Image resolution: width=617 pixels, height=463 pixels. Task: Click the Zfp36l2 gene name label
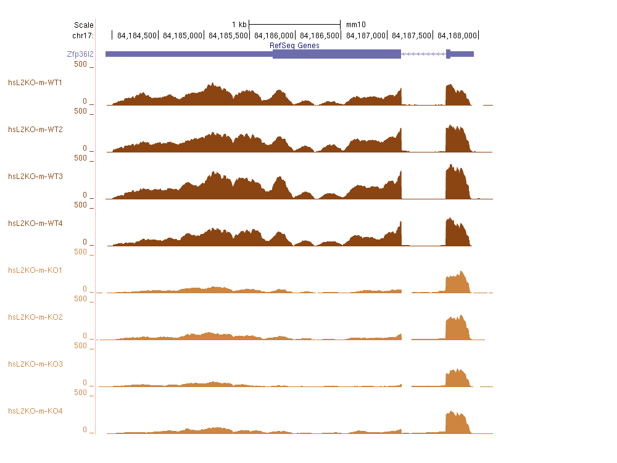(80, 54)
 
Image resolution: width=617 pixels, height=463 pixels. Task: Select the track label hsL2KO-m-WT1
(35, 82)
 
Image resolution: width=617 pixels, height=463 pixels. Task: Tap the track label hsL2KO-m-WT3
(35, 176)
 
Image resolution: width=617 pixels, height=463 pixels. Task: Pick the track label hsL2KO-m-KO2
(35, 317)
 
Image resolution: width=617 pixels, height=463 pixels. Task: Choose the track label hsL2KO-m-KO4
(35, 411)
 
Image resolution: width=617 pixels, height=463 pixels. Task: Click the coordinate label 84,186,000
(273, 35)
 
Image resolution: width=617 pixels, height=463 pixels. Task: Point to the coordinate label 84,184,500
(136, 35)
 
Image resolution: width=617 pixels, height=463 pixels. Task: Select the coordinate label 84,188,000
(456, 35)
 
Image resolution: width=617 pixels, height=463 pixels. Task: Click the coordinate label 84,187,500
(410, 35)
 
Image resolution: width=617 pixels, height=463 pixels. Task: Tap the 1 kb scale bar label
(239, 25)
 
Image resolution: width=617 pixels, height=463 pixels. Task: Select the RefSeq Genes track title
(294, 46)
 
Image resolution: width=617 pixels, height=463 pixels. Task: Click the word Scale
(83, 25)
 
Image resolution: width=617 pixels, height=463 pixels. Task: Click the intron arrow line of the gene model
(423, 54)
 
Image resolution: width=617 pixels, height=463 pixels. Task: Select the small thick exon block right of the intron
(448, 54)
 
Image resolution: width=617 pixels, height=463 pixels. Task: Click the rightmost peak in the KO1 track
(457, 283)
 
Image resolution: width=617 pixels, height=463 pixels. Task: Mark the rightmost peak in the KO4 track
(457, 423)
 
